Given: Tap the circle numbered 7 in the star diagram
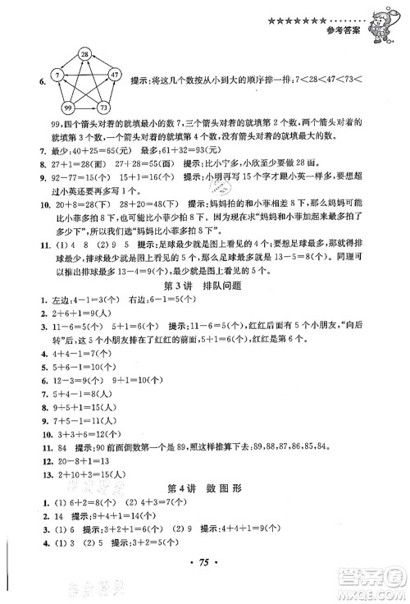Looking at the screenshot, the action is click(x=58, y=75).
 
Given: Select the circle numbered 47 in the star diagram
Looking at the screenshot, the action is click(x=115, y=75).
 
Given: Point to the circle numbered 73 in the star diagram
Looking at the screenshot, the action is click(x=104, y=108).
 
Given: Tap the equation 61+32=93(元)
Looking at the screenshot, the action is click(x=162, y=153).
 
